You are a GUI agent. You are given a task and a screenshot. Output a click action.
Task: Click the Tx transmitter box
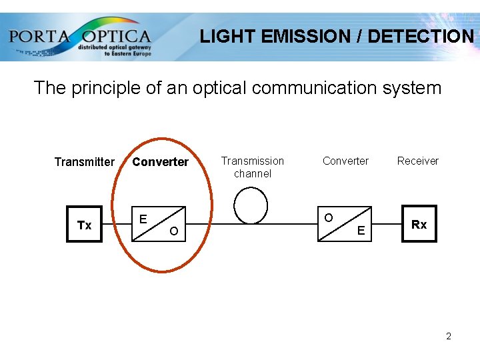pyautogui.click(x=85, y=224)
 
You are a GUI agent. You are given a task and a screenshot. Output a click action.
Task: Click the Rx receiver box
pyautogui.click(x=419, y=224)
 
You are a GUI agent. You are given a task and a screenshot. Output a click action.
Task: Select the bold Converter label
pyautogui.click(x=160, y=162)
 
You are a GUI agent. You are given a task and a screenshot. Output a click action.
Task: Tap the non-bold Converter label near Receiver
pyautogui.click(x=345, y=161)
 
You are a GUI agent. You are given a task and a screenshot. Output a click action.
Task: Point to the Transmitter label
pyautogui.click(x=85, y=162)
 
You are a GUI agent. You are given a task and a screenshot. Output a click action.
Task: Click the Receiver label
pyautogui.click(x=418, y=161)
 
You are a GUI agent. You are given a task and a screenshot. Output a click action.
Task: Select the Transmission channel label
pyautogui.click(x=253, y=167)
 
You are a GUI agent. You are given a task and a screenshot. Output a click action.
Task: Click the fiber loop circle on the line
pyautogui.click(x=251, y=206)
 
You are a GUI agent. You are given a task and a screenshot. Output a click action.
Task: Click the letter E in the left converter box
pyautogui.click(x=143, y=219)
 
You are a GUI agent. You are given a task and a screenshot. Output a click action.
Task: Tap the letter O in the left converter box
pyautogui.click(x=173, y=231)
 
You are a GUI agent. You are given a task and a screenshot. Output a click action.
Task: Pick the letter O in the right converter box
pyautogui.click(x=328, y=218)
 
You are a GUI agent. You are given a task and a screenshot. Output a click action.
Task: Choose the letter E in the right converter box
pyautogui.click(x=361, y=231)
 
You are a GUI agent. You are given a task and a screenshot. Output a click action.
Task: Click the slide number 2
pyautogui.click(x=449, y=336)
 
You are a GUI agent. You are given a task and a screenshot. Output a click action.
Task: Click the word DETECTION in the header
pyautogui.click(x=421, y=37)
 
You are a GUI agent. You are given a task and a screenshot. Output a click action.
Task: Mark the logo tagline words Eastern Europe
pyautogui.click(x=131, y=54)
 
